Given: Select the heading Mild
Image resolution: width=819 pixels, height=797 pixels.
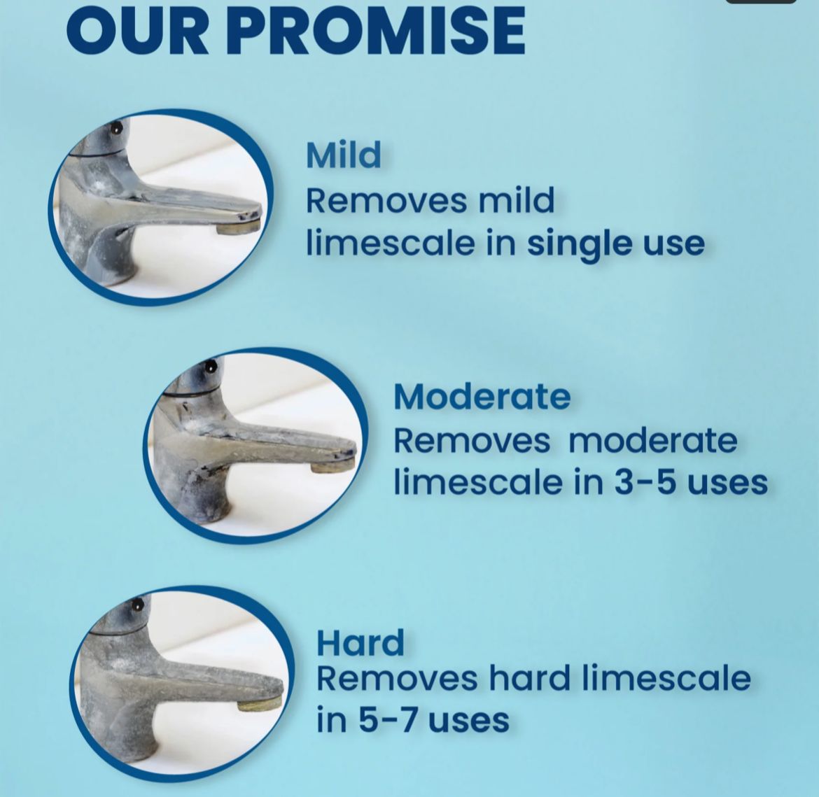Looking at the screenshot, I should [x=344, y=155].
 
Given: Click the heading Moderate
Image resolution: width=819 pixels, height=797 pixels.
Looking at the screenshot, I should [x=482, y=397].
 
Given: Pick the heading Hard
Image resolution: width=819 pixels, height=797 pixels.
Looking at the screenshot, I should [x=360, y=643].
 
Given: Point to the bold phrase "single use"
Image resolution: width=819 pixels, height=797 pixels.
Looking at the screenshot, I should [x=615, y=244].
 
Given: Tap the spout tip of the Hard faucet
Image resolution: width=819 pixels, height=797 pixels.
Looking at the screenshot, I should [x=260, y=701].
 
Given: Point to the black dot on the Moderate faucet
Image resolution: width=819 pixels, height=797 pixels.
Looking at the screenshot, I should [x=209, y=365].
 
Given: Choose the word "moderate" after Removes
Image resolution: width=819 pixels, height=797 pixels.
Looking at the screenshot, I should [x=652, y=441].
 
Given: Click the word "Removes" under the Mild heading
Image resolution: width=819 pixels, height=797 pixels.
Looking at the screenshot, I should [x=386, y=201].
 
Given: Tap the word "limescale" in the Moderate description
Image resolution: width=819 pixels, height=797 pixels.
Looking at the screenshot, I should [x=478, y=483].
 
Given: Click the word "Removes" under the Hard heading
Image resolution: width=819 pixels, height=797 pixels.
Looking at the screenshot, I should [x=397, y=679].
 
